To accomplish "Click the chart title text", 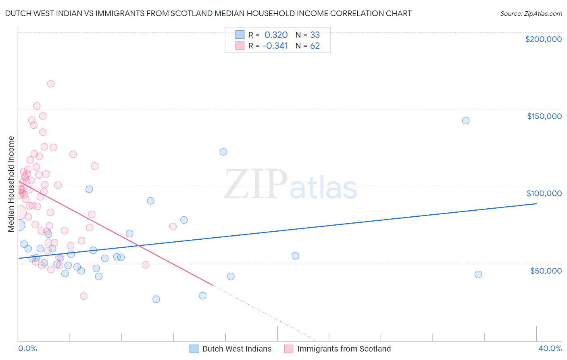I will (208, 13).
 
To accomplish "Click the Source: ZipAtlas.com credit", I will (531, 14).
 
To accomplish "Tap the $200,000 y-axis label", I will (543, 39).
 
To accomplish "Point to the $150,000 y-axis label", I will (544, 116).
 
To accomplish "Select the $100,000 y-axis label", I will (544, 193).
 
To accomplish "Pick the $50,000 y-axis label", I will (546, 270).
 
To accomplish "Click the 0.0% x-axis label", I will (27, 348).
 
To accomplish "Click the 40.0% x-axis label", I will (550, 348).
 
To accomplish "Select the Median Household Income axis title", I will (11, 184).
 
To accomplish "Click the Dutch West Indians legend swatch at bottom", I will (194, 349).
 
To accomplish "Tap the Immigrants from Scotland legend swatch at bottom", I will (289, 349).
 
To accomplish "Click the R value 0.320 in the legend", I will (276, 35).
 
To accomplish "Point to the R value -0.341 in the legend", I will (275, 46).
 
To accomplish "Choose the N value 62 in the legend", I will (315, 46).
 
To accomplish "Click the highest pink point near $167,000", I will (51, 84).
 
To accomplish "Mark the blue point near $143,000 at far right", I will (466, 121).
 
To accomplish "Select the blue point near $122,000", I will (223, 152).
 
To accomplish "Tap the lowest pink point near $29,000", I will (83, 296).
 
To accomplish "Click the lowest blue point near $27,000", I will (156, 299).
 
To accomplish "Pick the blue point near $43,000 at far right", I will (478, 274).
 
